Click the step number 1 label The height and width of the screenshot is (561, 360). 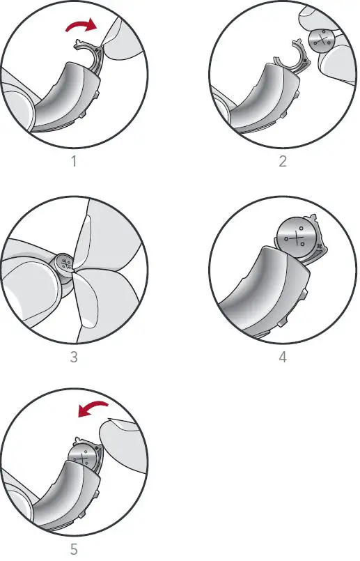[74, 162]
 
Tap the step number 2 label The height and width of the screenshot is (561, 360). [282, 162]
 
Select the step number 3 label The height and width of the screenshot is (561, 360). [74, 358]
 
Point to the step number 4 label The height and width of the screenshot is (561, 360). [282, 358]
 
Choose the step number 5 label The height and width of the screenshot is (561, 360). [74, 550]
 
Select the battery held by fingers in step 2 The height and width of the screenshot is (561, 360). [324, 40]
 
